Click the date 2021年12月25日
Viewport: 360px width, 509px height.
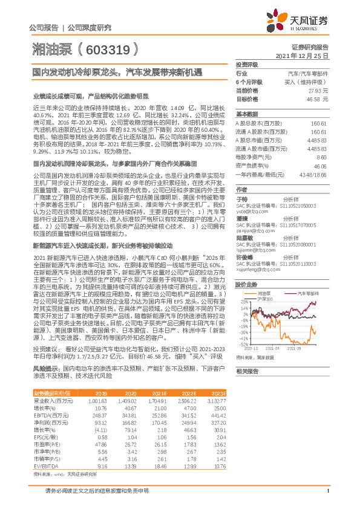[302, 55]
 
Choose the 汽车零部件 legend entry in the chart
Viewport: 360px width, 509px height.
[310, 292]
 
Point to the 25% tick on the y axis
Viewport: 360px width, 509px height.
[243, 302]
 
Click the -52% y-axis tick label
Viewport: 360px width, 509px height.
[243, 345]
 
